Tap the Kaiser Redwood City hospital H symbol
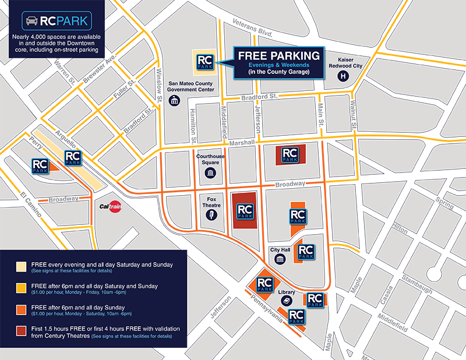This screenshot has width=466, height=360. [344, 76]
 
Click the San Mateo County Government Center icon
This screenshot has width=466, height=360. [174, 101]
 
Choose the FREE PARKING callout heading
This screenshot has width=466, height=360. [278, 56]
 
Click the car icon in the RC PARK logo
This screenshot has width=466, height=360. [31, 22]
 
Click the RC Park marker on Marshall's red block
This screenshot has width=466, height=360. [290, 154]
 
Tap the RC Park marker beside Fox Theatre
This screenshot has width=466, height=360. [245, 210]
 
